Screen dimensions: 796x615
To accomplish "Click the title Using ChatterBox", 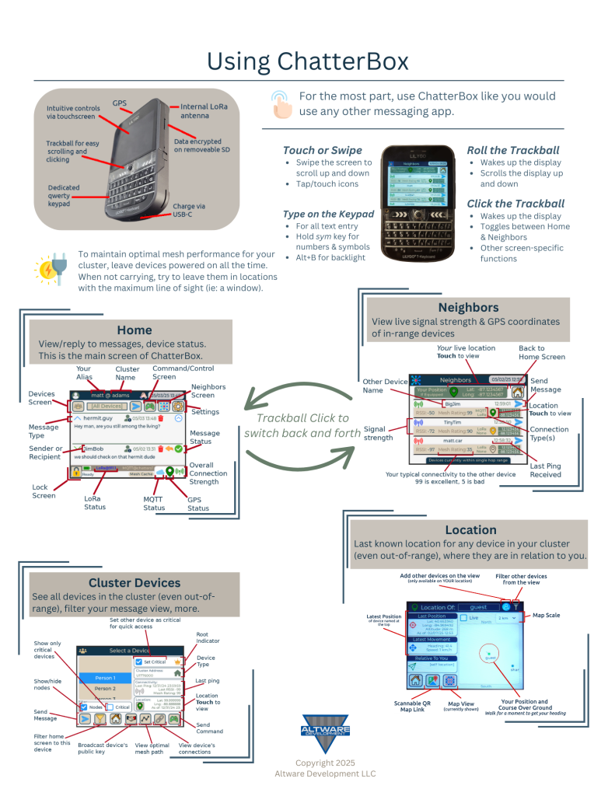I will click(308, 60).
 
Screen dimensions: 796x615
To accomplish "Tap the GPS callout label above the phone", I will click(119, 103).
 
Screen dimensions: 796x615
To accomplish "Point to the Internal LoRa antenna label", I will click(204, 111).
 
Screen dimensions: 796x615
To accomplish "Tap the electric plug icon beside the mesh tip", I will click(51, 269).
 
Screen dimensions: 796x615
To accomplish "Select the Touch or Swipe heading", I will click(322, 150).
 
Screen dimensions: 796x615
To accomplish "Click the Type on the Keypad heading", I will click(328, 214).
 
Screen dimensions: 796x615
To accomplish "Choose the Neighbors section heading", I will click(469, 308).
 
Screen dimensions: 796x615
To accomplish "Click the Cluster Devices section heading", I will click(135, 582).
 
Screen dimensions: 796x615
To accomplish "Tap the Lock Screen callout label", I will click(44, 491).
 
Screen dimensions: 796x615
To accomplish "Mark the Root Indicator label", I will click(208, 638).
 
